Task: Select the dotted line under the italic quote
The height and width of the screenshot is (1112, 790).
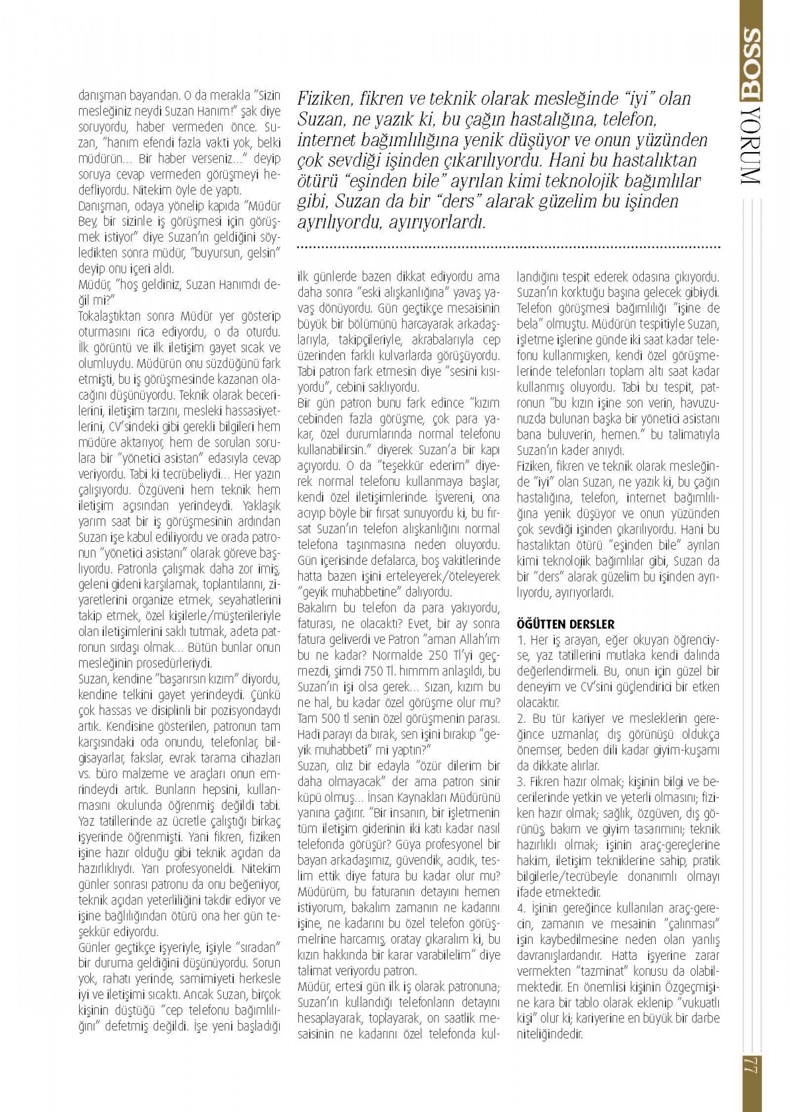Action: point(509,248)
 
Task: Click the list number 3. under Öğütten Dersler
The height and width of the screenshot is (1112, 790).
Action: point(521,781)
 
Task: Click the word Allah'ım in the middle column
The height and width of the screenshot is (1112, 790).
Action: point(478,639)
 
